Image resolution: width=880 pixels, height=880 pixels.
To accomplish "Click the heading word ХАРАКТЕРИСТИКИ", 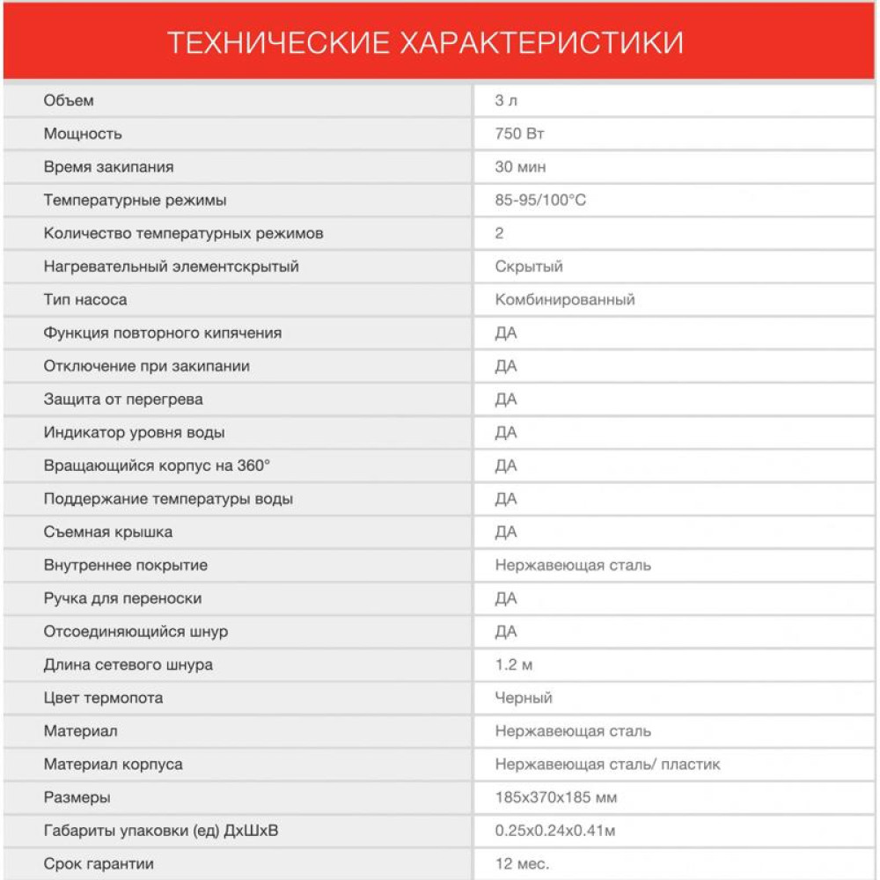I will click(x=541, y=42).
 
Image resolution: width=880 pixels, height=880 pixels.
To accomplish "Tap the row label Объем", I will click(x=69, y=100).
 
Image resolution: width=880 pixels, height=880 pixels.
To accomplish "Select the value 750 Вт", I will click(x=520, y=134).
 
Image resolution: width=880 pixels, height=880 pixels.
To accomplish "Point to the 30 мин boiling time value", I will click(x=520, y=167).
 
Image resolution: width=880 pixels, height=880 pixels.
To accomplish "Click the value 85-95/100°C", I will click(x=540, y=201).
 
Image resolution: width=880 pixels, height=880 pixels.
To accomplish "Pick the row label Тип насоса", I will click(x=85, y=300).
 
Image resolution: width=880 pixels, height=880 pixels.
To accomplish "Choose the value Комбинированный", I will click(x=565, y=300).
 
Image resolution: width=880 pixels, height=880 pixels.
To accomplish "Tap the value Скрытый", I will click(x=529, y=267).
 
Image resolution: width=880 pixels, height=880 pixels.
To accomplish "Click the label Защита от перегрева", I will click(x=123, y=400).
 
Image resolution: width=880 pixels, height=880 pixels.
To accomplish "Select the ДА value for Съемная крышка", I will click(x=506, y=532).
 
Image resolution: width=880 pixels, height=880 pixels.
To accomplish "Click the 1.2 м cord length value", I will click(x=514, y=665).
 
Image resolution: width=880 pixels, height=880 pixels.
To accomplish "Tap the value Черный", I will click(x=524, y=699).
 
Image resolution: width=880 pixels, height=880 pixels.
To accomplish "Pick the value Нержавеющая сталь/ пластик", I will click(x=607, y=765).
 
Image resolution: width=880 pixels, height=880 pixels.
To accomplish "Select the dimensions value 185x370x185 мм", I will click(x=556, y=798).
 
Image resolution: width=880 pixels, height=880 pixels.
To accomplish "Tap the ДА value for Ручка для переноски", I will click(x=506, y=599).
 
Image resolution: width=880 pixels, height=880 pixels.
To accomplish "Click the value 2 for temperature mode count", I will click(x=500, y=234).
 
